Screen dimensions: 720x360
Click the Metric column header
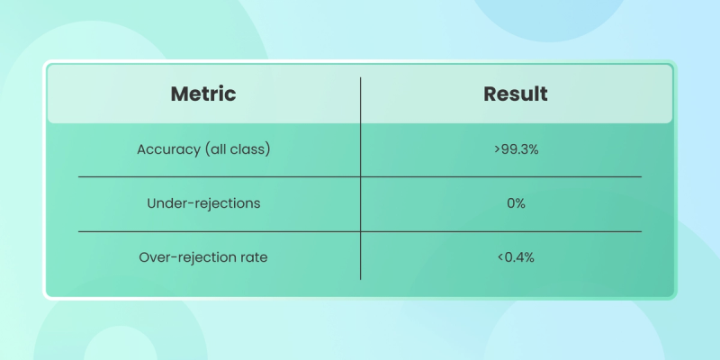[x=203, y=94]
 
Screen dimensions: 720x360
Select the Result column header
[x=516, y=94]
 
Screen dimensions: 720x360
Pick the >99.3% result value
[x=516, y=149]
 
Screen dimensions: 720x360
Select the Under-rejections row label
[x=203, y=203]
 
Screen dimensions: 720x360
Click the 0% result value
[x=516, y=203]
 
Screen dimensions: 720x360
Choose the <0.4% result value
[x=516, y=257]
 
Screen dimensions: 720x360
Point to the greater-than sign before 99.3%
[x=498, y=149]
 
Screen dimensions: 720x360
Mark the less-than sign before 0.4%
[x=500, y=257]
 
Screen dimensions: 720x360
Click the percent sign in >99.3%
[x=533, y=149]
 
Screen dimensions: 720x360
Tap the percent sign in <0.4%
[x=529, y=257]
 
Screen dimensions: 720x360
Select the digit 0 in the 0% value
[x=511, y=203]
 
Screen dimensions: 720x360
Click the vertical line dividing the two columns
[x=361, y=178]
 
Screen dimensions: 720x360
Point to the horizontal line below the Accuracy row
[x=359, y=176]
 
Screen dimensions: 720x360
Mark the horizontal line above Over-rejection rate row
[x=359, y=232]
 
